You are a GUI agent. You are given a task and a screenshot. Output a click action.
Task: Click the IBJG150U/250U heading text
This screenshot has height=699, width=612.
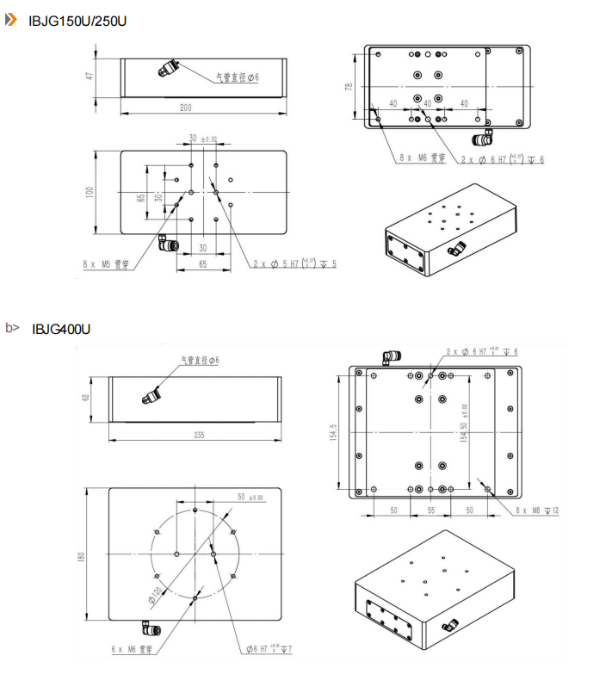click(x=77, y=20)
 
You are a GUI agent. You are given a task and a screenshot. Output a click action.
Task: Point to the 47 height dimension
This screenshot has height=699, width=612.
click(x=89, y=77)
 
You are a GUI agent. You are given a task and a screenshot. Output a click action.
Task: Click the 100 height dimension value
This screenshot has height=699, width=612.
click(x=89, y=192)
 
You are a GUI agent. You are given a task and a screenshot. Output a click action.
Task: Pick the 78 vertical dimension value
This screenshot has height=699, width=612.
click(x=350, y=87)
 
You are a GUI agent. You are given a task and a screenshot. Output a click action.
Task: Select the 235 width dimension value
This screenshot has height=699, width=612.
click(x=199, y=436)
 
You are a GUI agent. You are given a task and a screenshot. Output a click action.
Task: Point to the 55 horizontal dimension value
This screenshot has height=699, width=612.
click(x=431, y=510)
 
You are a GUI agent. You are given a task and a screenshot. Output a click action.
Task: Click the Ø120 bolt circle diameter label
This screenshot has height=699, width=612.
click(x=157, y=593)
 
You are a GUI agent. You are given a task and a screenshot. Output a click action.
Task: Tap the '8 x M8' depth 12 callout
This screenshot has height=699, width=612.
click(x=537, y=510)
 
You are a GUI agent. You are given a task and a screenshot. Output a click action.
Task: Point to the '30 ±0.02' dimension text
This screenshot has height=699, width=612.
click(x=203, y=138)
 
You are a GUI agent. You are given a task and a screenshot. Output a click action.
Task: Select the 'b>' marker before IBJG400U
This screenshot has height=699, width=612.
click(x=12, y=328)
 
